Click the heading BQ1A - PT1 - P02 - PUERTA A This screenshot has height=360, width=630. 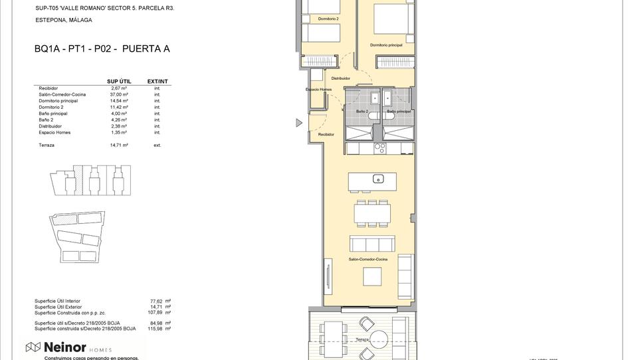pos(102,48)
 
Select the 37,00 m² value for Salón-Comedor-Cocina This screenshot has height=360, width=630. pos(120,94)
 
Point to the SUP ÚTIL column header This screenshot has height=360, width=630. pos(119,82)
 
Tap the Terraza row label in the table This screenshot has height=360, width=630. pos(47,145)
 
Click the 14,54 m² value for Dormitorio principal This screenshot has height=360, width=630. pos(120,101)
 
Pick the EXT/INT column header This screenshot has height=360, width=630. pos(157,82)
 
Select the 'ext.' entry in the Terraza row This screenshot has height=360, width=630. pos(157,145)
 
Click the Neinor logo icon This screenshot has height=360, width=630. pos(33,347)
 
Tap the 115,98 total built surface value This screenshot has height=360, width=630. pos(156,329)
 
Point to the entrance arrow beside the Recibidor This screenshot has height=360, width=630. pos(299,123)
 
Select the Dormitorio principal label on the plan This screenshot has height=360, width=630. pos(386,45)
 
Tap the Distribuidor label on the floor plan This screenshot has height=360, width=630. pos(340,78)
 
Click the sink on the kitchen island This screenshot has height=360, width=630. pos(377,178)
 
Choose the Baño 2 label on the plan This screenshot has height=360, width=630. pos(362,112)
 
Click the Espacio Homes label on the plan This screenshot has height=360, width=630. pos(318,89)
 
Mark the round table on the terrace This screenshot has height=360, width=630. pos(379,338)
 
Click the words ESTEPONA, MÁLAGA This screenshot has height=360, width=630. pos(64,20)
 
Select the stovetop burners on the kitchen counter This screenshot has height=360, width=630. pos(379,147)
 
